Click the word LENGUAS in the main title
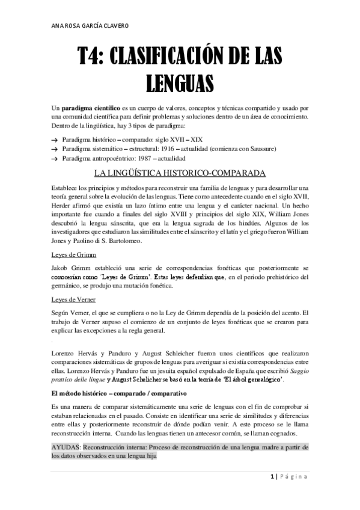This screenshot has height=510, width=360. coord(180,81)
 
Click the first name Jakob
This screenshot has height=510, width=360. coord(61,269)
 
